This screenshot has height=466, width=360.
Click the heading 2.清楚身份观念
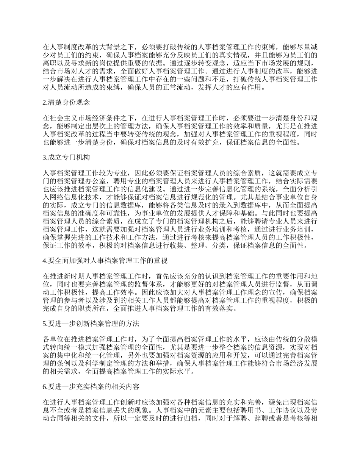coord(66,102)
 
